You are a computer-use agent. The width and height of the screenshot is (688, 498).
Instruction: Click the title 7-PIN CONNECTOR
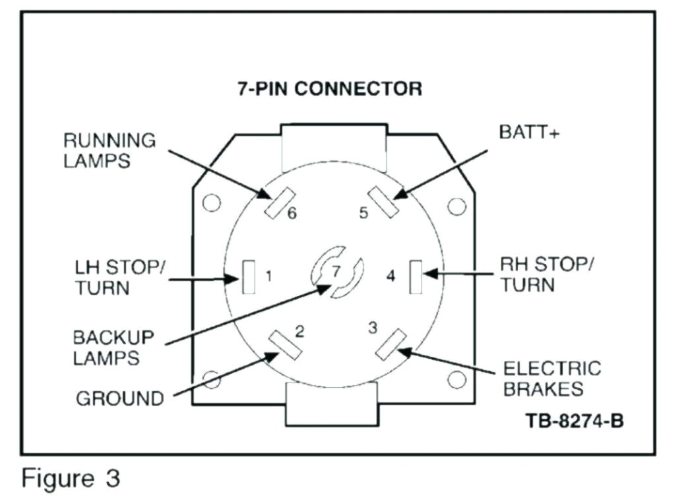point(329,89)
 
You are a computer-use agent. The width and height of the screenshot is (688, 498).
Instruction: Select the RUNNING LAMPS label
point(109,151)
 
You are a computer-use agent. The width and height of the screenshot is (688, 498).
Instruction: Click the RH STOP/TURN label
point(546,274)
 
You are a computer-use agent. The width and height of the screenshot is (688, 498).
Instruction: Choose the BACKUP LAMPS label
point(113,348)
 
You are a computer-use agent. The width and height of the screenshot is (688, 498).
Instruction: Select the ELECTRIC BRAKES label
point(552,379)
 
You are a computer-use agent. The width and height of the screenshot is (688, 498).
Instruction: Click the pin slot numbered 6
point(275,202)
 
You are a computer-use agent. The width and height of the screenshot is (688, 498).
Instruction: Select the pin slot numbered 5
point(383,201)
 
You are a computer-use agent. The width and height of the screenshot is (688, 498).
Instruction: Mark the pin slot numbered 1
point(249,276)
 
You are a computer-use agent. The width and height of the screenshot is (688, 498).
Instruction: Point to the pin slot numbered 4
point(416,276)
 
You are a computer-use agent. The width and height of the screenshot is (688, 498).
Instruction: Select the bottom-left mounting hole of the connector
point(212,379)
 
